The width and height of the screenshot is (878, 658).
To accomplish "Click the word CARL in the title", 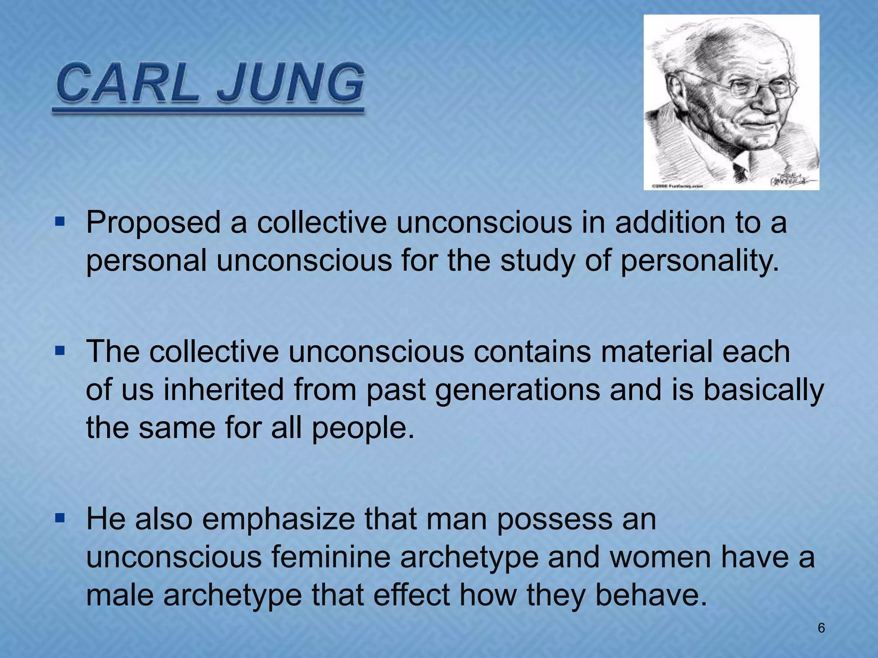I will (127, 83).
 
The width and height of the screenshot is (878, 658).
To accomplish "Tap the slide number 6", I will (821, 628).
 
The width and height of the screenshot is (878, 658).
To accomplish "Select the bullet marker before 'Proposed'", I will (60, 222).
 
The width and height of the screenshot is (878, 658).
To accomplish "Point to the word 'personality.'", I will (699, 260).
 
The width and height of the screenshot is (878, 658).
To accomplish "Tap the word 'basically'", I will (764, 391).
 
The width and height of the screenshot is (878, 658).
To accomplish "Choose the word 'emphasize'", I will (279, 519).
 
